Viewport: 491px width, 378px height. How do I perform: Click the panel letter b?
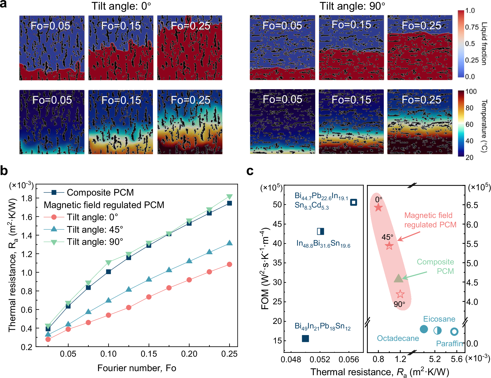click(4, 171)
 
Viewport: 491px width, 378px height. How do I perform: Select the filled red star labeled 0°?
click(378, 207)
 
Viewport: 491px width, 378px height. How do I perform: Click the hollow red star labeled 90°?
click(400, 294)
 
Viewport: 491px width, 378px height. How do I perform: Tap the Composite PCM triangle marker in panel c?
click(398, 278)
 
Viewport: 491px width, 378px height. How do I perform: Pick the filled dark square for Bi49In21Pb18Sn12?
click(305, 338)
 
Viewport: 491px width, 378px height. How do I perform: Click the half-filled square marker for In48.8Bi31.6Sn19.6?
click(321, 231)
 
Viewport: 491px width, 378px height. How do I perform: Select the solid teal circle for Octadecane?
click(424, 329)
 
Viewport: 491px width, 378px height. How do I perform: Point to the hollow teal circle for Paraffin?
click(454, 332)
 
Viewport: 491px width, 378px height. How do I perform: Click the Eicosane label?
click(439, 319)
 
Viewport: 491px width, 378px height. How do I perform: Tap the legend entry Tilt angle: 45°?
click(95, 229)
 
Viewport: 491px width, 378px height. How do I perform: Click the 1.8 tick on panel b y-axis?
click(27, 198)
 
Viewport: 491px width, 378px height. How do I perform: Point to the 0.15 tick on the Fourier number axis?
click(149, 354)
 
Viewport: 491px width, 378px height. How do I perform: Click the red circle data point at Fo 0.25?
click(229, 264)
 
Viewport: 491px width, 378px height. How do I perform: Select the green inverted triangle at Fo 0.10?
click(108, 262)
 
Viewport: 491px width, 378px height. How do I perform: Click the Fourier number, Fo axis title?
click(137, 368)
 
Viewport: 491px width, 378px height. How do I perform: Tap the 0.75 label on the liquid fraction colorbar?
click(472, 27)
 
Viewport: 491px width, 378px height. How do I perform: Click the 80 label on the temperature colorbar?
click(469, 108)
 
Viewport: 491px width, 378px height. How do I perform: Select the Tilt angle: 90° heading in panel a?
click(352, 6)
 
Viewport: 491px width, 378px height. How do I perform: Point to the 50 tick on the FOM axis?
click(277, 204)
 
